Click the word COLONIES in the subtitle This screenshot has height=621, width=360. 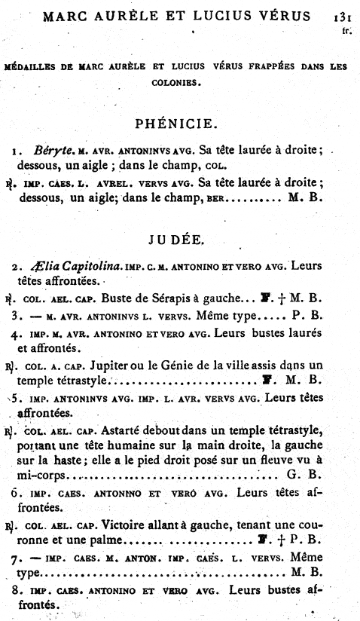181,84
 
